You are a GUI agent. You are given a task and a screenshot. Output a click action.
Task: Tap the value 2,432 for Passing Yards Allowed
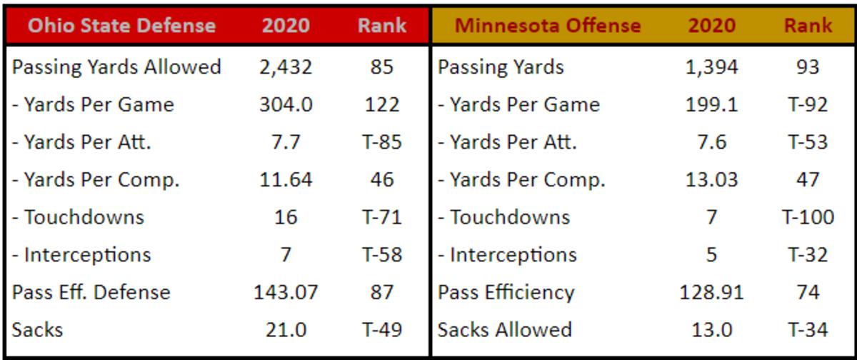point(286,67)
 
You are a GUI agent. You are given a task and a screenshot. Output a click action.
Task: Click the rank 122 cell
point(382,105)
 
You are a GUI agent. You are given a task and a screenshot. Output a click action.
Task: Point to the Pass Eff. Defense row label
point(91,292)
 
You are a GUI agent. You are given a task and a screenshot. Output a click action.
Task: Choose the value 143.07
point(286,292)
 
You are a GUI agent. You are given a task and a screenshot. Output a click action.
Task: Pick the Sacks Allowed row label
point(505,329)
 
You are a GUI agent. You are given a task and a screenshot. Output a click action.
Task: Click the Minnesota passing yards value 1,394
point(711,67)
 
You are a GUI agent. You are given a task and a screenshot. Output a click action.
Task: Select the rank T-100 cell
point(808,217)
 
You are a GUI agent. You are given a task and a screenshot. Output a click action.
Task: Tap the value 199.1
point(711,105)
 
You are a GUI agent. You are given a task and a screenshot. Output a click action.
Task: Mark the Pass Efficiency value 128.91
point(711,292)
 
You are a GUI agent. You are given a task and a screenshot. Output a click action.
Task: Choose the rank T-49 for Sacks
point(382,329)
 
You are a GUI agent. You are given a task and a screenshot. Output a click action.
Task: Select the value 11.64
point(286,180)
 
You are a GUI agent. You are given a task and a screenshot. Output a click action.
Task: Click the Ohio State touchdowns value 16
point(286,217)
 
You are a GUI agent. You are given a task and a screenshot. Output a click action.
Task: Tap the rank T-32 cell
point(808,255)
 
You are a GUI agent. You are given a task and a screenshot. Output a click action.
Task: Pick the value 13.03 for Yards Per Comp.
point(711,180)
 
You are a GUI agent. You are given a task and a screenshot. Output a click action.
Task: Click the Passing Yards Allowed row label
point(116,67)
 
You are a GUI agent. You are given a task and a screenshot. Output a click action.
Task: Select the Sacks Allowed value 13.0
point(711,329)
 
